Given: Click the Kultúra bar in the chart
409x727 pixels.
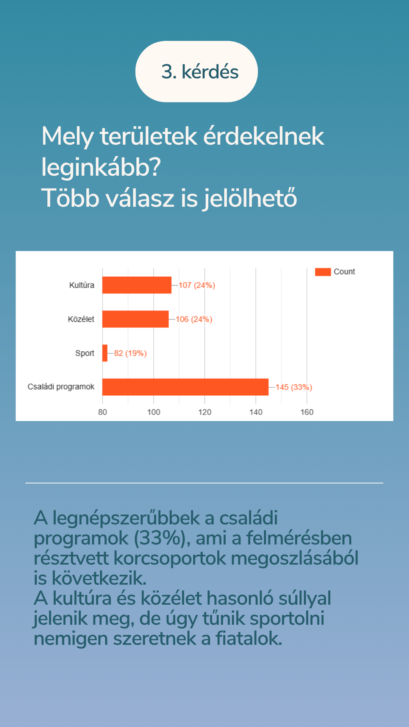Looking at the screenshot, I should pyautogui.click(x=137, y=285).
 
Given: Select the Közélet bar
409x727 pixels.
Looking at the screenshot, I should pyautogui.click(x=135, y=319).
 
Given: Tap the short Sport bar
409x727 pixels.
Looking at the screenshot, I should pyautogui.click(x=105, y=353).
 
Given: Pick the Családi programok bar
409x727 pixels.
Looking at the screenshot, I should pyautogui.click(x=185, y=387).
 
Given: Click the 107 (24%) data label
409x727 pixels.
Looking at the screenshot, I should pyautogui.click(x=197, y=285).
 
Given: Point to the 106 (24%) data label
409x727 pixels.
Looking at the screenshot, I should pyautogui.click(x=194, y=320).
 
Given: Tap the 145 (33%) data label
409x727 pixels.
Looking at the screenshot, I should pyautogui.click(x=294, y=387).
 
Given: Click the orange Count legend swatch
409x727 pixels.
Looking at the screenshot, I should pyautogui.click(x=323, y=272).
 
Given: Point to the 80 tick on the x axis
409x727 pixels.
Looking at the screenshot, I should pyautogui.click(x=103, y=412).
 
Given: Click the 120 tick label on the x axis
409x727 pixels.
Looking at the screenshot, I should pyautogui.click(x=205, y=412).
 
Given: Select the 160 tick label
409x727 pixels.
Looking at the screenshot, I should pyautogui.click(x=307, y=412).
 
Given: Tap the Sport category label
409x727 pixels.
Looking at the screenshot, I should pyautogui.click(x=85, y=353).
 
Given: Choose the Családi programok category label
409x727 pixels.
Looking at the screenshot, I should pyautogui.click(x=61, y=387).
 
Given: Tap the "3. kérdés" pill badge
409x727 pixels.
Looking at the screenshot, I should pyautogui.click(x=197, y=72).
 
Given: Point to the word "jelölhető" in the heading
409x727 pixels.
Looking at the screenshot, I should pyautogui.click(x=250, y=198).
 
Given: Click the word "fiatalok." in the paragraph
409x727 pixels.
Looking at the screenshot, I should pyautogui.click(x=249, y=639).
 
